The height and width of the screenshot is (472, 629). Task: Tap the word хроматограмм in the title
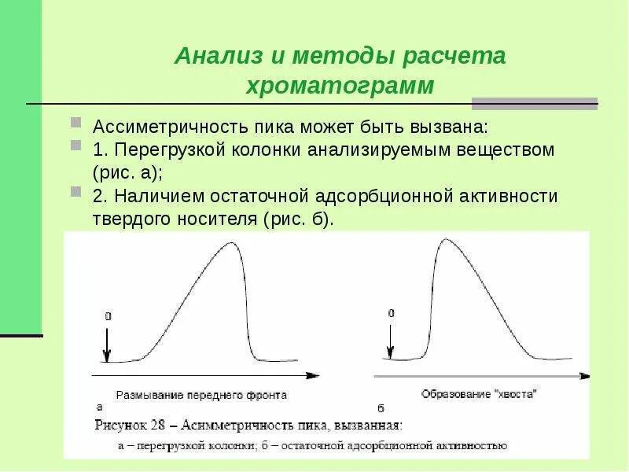340,86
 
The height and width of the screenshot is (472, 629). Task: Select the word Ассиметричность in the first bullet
161,127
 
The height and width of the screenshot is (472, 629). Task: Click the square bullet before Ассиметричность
75,124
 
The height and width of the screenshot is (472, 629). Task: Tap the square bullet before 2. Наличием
75,192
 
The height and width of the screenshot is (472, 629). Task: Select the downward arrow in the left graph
108,343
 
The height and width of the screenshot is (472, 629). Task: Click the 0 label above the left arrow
108,316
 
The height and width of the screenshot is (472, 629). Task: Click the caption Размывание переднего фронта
201,395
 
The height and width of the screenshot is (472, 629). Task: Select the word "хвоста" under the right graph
516,394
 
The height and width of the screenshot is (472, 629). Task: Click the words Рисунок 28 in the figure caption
130,426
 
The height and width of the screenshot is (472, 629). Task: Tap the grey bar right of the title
534,103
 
